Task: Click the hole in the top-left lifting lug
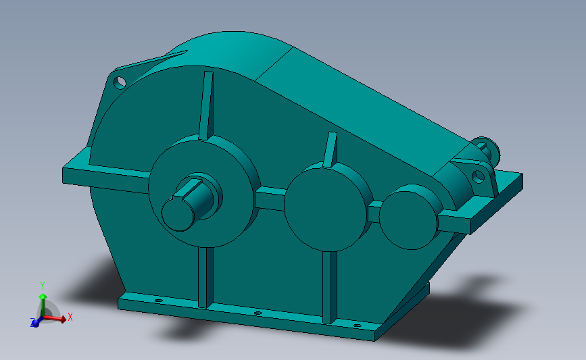click(x=120, y=82)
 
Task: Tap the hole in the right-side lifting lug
click(x=479, y=176)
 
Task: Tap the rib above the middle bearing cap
click(x=330, y=149)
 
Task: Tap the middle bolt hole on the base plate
click(x=258, y=313)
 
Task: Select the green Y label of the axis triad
click(x=42, y=285)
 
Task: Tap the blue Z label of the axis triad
click(x=32, y=324)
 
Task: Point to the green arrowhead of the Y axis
click(x=42, y=296)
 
